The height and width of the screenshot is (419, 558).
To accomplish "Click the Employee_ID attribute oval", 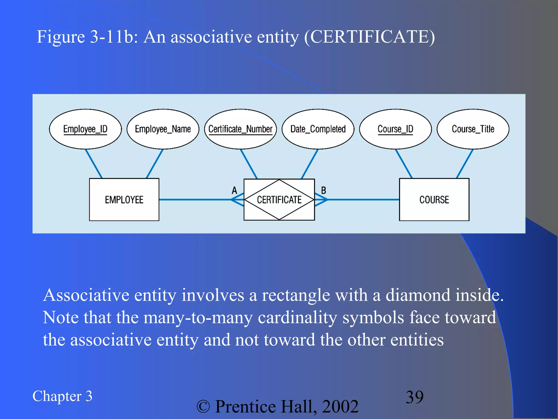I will pos(85,129).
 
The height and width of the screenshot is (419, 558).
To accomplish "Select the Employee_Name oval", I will pos(163,129).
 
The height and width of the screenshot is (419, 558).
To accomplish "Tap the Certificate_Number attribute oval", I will pos(240,129).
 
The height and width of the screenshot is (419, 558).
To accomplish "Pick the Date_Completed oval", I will pos(318,129).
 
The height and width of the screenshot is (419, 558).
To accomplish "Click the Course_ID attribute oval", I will pos(395,129).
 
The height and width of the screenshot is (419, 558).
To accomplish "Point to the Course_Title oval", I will pos(473,129).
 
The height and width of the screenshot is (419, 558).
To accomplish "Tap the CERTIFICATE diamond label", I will pos(279,200).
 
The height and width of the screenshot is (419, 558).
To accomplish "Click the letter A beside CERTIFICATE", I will pos(234,190).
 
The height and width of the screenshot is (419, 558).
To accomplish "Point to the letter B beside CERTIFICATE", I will pos(324,190).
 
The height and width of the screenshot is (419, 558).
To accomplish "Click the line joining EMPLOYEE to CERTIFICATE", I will pos(195,200).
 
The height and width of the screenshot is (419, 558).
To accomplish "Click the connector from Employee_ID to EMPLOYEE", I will pos(94,164).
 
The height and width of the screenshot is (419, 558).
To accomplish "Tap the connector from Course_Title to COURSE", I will pos(465,164).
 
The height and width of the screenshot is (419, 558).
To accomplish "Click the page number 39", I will pos(415,397).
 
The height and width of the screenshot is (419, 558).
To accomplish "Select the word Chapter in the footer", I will pos(57,396).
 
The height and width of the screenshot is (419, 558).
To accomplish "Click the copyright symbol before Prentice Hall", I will pos(203,407).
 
